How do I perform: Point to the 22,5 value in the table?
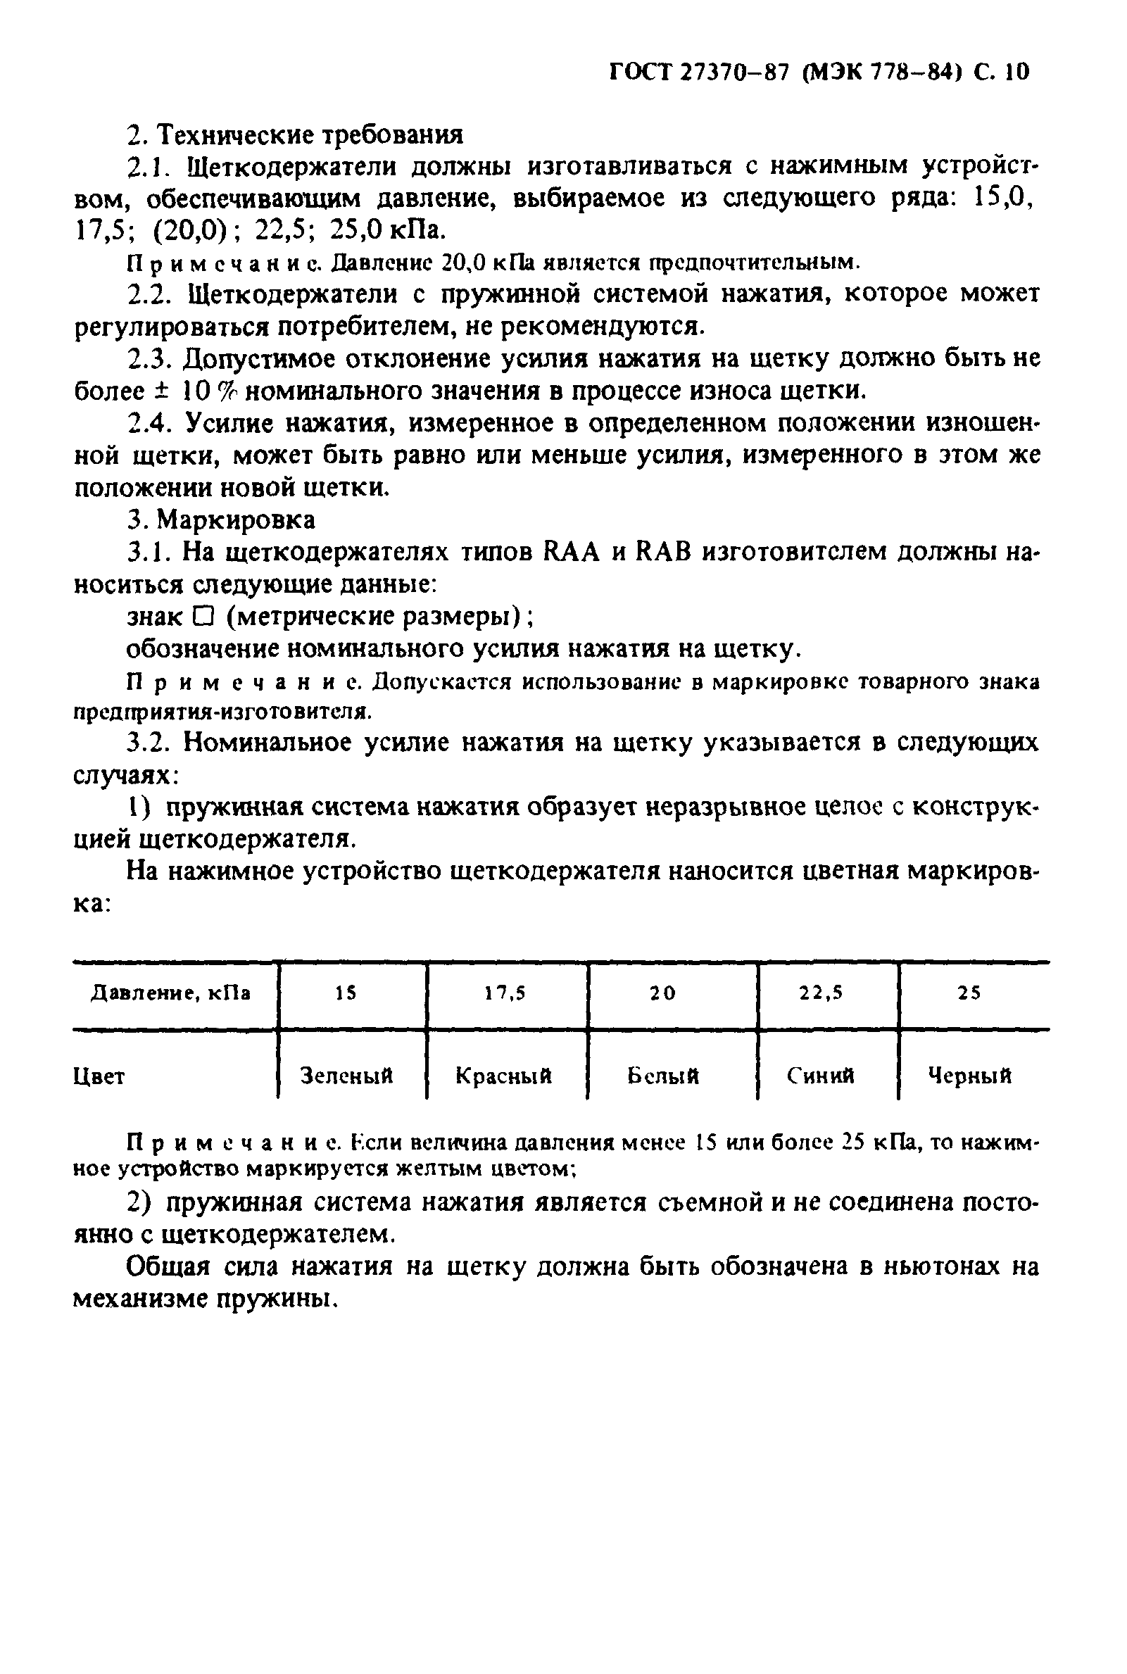coord(821,993)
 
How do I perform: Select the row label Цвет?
coord(99,1077)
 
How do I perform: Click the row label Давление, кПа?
coord(170,993)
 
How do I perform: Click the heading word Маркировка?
coord(237,520)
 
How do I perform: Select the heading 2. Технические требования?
coord(295,134)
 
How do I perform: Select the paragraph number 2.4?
coord(149,424)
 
